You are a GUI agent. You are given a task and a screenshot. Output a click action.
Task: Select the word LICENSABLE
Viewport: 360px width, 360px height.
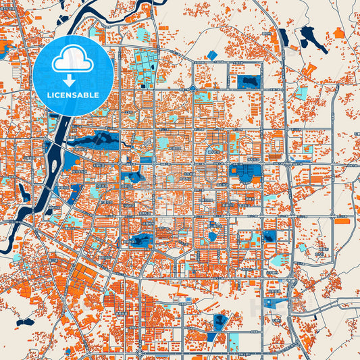[x=73, y=95]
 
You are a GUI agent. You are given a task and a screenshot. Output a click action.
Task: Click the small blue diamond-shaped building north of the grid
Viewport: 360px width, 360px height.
[x=213, y=55]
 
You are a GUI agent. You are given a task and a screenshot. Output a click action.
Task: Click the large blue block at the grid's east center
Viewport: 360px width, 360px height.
[x=245, y=172]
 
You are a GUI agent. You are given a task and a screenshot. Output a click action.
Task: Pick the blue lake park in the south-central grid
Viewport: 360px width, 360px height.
[x=142, y=240]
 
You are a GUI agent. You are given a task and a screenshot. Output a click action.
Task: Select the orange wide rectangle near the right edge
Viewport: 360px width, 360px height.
[x=342, y=221]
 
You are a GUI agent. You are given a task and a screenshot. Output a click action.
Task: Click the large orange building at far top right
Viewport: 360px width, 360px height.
[x=338, y=32]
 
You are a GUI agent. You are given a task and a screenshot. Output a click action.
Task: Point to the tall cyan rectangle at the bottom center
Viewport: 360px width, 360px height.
[x=234, y=341]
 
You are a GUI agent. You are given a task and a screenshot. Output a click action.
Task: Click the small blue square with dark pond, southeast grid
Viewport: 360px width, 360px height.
[x=269, y=236]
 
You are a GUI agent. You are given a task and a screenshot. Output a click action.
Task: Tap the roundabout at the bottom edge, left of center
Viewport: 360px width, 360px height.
[x=138, y=353]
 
